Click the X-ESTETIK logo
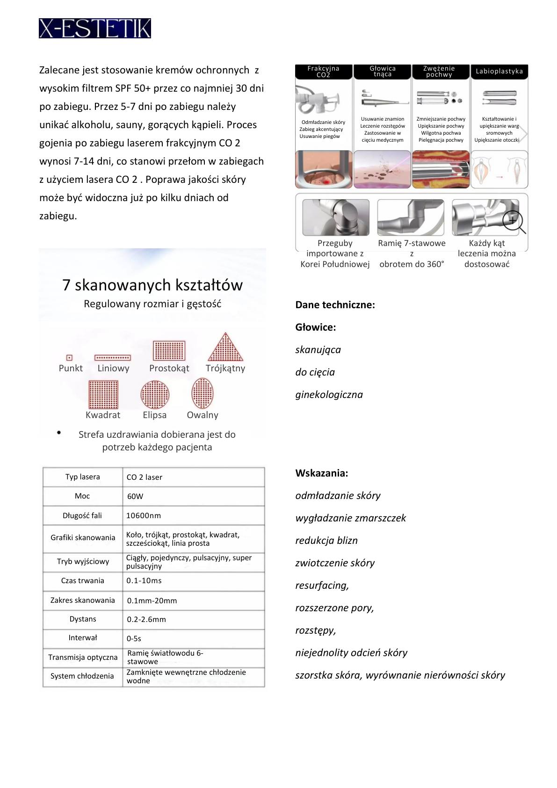94,29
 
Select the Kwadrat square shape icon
103,394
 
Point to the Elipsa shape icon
155,394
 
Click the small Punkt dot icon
69,358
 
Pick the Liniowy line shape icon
113,358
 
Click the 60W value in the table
135,497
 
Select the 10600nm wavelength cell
144,516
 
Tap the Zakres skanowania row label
83,600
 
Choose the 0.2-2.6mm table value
146,620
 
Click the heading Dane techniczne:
335,305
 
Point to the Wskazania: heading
321,473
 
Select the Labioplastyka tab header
499,72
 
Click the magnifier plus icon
513,220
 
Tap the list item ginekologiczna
329,395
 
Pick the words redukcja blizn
326,541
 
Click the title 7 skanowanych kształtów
152,285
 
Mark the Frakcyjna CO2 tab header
323,72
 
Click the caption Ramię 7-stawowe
412,243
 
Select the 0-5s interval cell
134,639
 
